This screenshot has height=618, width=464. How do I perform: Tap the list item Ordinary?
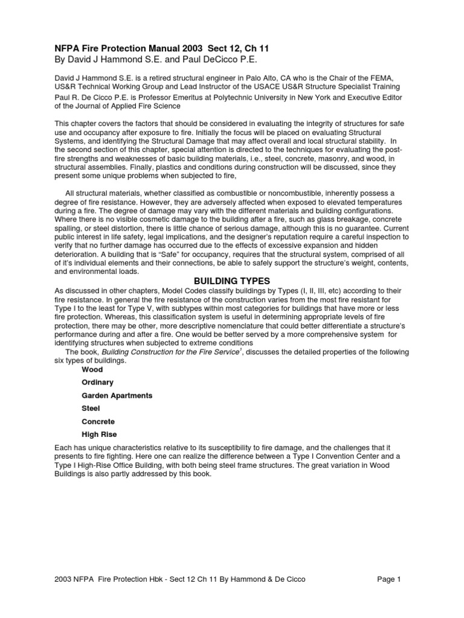click(97, 382)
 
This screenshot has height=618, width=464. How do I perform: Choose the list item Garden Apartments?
click(117, 395)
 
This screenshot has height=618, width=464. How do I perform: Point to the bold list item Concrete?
click(98, 421)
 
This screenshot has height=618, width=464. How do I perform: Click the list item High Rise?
click(99, 434)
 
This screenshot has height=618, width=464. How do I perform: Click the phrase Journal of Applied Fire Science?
click(120, 107)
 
